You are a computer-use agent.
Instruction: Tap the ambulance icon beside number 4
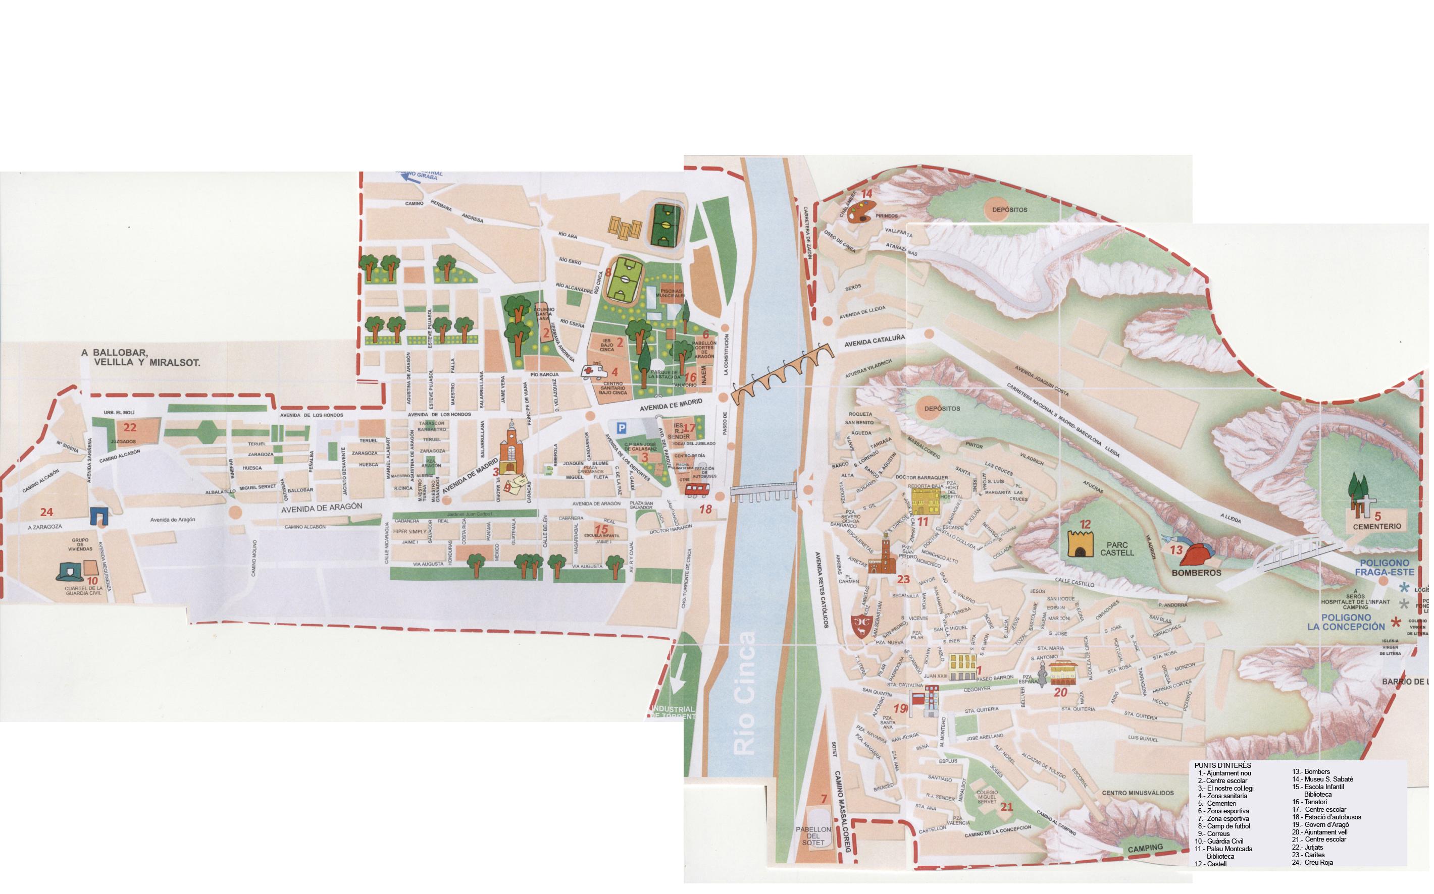point(593,371)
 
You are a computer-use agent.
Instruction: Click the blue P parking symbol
point(621,427)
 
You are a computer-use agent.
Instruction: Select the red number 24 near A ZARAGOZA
point(46,512)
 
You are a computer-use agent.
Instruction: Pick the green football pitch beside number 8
point(626,277)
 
